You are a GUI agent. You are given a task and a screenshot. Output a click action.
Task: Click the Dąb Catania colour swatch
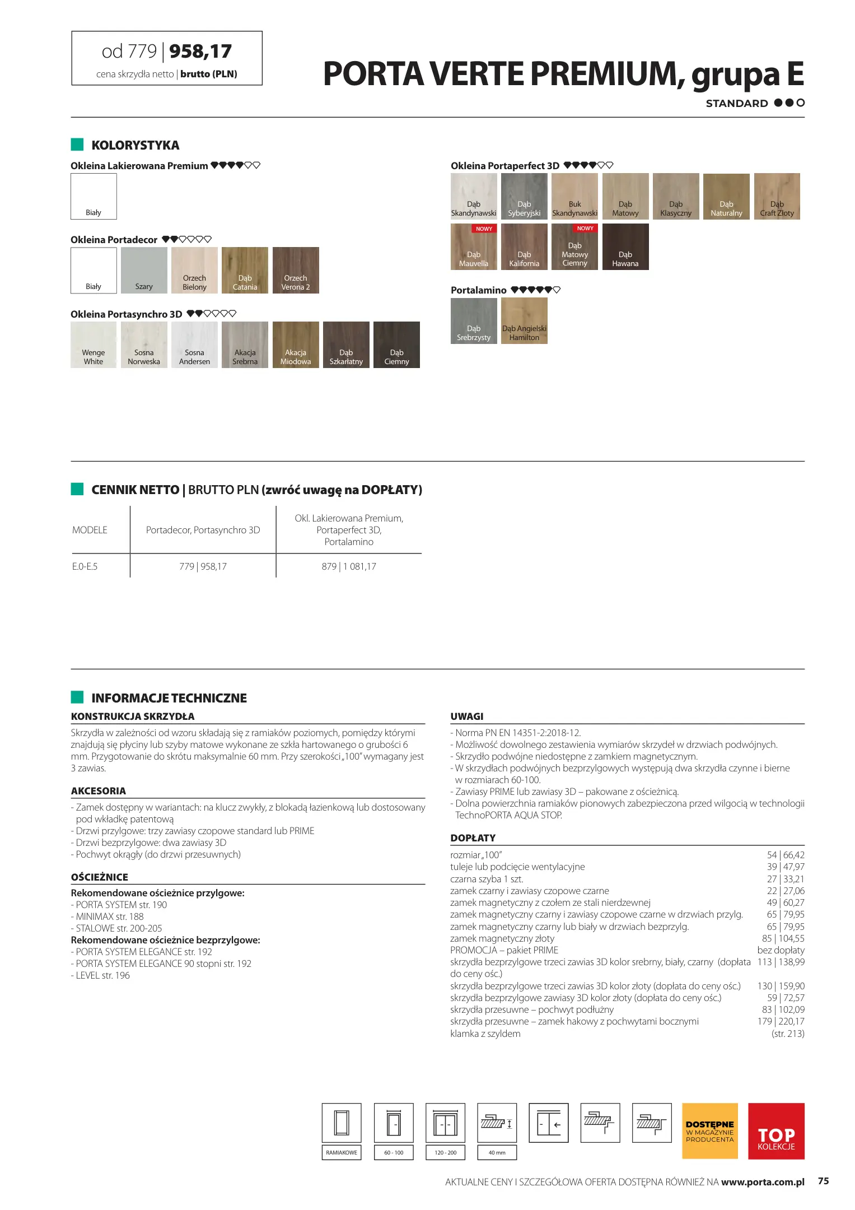pyautogui.click(x=245, y=270)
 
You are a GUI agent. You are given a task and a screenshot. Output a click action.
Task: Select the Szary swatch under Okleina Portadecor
pyautogui.click(x=144, y=270)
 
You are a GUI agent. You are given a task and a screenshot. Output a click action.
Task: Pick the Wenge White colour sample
pyautogui.click(x=94, y=345)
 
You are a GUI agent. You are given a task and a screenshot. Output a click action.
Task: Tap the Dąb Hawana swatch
pyautogui.click(x=625, y=246)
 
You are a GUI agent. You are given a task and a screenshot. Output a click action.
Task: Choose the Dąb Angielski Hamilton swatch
pyautogui.click(x=524, y=320)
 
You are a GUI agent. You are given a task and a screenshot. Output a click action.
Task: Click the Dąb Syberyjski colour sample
pyautogui.click(x=524, y=196)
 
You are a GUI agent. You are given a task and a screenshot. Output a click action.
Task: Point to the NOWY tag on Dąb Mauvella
pyautogui.click(x=484, y=229)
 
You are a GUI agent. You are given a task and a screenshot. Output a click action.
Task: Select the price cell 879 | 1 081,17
pyautogui.click(x=349, y=566)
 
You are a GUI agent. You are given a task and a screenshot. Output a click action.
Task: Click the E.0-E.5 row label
pyautogui.click(x=85, y=566)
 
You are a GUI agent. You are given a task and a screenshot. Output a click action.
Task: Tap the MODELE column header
pyautogui.click(x=90, y=530)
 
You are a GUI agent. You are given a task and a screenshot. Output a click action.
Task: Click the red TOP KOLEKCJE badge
pyautogui.click(x=776, y=1130)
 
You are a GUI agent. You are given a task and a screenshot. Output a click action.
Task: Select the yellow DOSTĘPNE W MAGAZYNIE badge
pyautogui.click(x=709, y=1130)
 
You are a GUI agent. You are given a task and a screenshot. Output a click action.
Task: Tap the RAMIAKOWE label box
pyautogui.click(x=342, y=1152)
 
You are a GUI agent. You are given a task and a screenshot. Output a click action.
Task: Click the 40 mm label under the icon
pyautogui.click(x=497, y=1152)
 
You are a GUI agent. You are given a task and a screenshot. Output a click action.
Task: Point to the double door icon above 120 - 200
pyautogui.click(x=445, y=1123)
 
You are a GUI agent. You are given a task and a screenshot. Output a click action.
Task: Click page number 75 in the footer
pyautogui.click(x=823, y=1181)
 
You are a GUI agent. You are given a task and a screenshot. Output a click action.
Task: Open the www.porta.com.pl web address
pyautogui.click(x=763, y=1182)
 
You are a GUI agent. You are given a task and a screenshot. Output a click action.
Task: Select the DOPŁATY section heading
pyautogui.click(x=473, y=838)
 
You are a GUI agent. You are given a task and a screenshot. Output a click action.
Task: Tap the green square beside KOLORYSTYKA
pyautogui.click(x=77, y=145)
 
